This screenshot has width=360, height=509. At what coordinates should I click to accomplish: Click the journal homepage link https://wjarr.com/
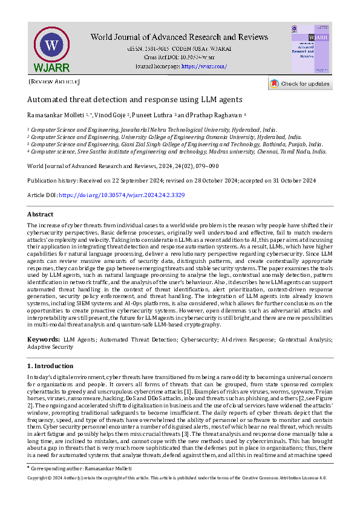205,66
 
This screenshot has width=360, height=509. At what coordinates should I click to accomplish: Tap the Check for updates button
300,83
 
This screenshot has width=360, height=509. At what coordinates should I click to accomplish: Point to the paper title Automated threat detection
135,100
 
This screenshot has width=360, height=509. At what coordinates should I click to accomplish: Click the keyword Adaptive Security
54,348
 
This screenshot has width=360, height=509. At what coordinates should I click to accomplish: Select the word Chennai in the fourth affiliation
277,152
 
